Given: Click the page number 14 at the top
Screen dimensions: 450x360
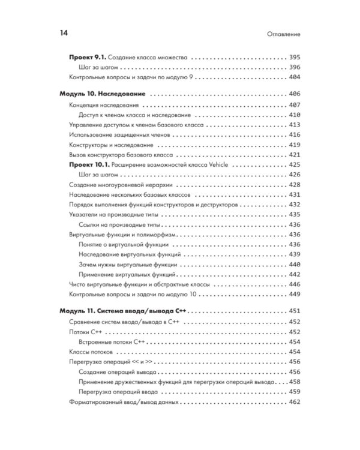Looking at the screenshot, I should click(x=64, y=33).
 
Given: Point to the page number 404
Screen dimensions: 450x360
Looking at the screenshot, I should click(x=294, y=77).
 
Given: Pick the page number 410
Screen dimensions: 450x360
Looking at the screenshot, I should click(x=294, y=114).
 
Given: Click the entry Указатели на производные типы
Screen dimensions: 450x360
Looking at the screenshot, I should click(x=116, y=214).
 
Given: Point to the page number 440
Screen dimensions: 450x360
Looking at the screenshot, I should click(x=294, y=264).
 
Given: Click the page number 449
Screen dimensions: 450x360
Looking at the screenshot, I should click(x=294, y=294).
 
